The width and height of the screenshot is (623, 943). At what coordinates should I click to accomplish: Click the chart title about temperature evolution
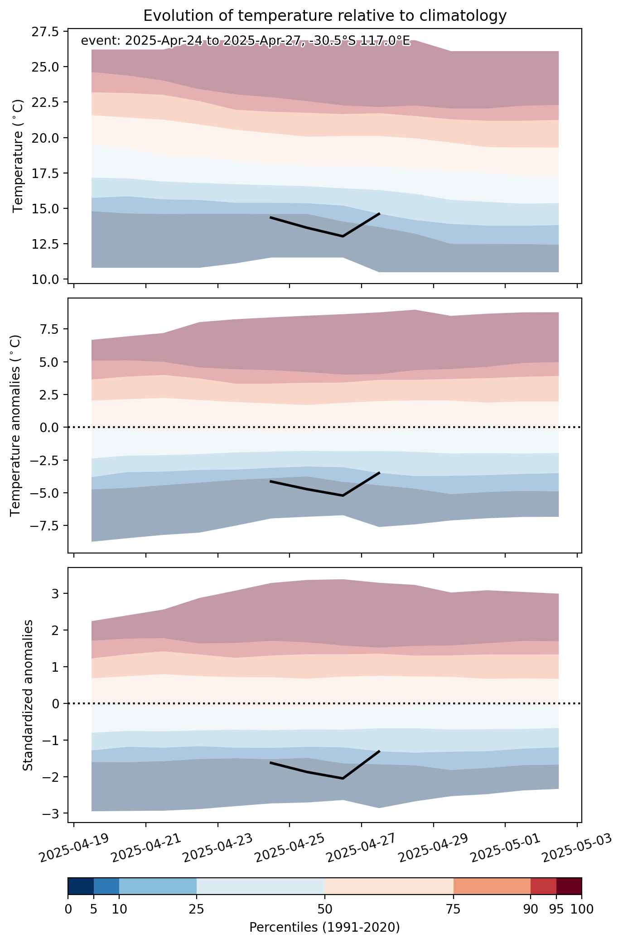coord(324,16)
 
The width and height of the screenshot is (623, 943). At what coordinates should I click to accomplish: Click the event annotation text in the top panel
coord(245,41)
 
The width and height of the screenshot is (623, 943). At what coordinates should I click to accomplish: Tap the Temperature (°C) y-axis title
coord(18,156)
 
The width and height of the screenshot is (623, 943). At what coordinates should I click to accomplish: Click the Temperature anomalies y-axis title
coord(16,425)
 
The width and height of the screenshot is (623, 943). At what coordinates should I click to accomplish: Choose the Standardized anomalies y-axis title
coord(28,695)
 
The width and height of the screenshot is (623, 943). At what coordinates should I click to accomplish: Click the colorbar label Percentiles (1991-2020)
coord(324,928)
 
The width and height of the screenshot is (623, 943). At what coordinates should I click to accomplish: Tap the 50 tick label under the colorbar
coord(325,909)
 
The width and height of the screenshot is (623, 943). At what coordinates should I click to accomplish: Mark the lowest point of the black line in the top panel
coord(343,236)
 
